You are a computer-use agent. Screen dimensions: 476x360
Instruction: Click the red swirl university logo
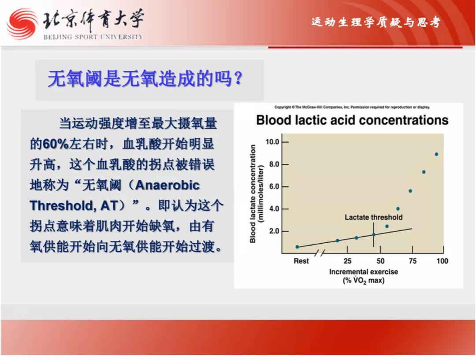click(x=22, y=24)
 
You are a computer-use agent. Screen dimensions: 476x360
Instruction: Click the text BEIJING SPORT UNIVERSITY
click(x=93, y=37)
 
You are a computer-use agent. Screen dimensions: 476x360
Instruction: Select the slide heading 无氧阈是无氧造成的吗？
click(x=145, y=79)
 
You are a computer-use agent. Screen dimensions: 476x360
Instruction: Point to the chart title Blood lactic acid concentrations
click(x=352, y=120)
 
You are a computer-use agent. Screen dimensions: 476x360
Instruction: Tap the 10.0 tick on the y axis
click(x=272, y=142)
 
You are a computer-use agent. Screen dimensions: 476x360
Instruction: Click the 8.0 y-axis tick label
click(x=274, y=164)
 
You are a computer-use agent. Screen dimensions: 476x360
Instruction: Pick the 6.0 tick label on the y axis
click(x=274, y=187)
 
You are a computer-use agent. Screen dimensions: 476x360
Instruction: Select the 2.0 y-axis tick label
click(x=274, y=231)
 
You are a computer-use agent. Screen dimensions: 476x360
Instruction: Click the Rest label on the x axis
click(x=301, y=261)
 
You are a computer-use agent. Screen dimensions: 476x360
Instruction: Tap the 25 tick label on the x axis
click(x=348, y=261)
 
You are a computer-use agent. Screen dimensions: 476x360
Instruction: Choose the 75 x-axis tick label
click(x=413, y=261)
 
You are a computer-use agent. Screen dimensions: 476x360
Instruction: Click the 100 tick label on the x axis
click(x=443, y=261)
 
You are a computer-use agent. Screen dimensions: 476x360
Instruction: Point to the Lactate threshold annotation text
click(x=373, y=217)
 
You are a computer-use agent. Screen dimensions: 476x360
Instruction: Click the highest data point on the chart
click(x=436, y=154)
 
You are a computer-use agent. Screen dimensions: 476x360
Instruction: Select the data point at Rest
click(x=297, y=247)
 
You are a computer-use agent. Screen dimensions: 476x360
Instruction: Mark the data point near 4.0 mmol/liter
click(x=398, y=209)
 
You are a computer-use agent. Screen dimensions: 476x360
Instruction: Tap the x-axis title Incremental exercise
click(x=363, y=272)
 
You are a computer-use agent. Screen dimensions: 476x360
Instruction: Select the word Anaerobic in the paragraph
click(x=167, y=185)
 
